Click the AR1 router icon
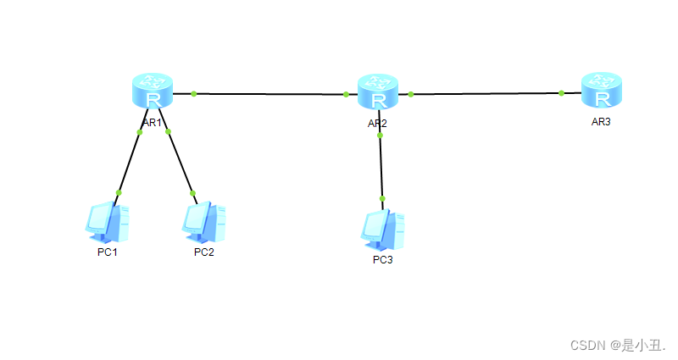153,91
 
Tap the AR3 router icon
602,90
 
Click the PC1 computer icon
108,222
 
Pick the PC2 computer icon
203,222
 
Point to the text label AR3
601,122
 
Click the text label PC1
107,252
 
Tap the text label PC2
203,252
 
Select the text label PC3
383,259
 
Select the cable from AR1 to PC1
130,162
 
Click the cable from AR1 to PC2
181,162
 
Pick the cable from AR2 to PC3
381,167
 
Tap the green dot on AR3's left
562,93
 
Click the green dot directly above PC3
382,199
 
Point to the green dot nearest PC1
119,193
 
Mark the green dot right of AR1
194,93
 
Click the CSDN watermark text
618,345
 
